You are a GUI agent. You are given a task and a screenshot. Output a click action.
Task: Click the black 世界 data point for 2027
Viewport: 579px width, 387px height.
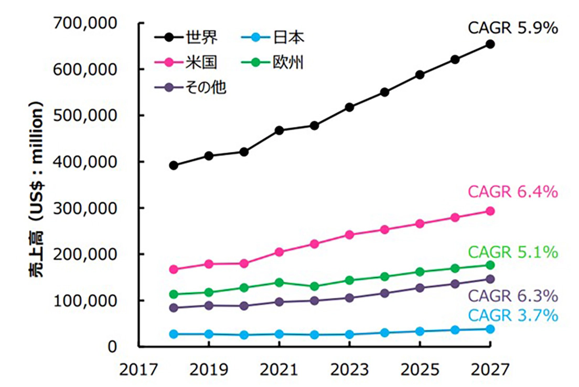tap(490, 44)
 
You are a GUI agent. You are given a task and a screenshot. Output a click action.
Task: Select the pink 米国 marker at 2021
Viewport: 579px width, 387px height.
tap(280, 252)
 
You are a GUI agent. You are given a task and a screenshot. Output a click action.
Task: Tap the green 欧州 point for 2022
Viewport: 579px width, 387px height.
tap(315, 286)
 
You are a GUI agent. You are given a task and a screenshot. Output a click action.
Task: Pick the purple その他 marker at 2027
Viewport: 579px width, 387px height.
tap(490, 279)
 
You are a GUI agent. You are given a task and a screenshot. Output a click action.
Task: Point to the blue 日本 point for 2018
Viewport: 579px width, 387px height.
tap(174, 334)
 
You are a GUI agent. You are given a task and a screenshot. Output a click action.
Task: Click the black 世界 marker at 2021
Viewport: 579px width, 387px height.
tap(280, 130)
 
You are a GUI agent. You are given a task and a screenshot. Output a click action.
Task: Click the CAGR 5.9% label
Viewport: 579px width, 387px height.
tap(513, 28)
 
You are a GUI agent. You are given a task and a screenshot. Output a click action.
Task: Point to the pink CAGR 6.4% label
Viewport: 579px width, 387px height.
tap(513, 192)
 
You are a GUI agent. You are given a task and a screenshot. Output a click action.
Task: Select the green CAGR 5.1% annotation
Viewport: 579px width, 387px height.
tap(513, 252)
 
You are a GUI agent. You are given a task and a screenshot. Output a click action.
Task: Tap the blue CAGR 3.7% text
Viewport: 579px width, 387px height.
tap(513, 315)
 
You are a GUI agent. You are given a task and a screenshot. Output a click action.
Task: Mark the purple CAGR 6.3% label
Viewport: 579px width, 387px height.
tap(513, 296)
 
